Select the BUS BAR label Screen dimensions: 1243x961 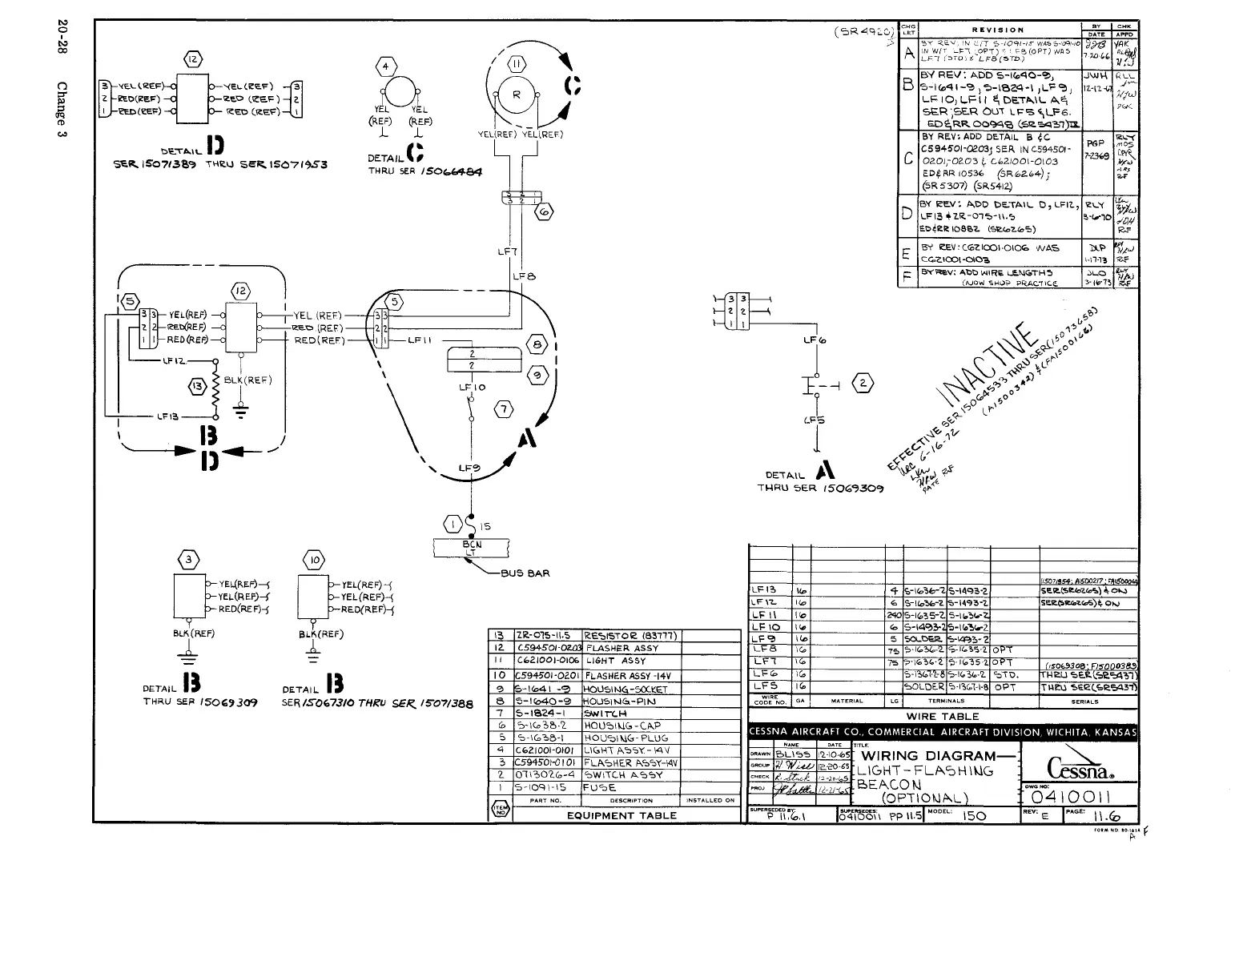(525, 573)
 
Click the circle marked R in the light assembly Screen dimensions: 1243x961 (517, 94)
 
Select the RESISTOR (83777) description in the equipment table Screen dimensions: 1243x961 (631, 636)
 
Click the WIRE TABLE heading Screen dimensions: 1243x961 (943, 717)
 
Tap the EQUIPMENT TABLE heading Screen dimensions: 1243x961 (621, 815)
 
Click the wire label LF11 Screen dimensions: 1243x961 (420, 340)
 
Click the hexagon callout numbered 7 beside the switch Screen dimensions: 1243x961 (503, 409)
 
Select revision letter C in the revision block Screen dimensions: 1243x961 (907, 159)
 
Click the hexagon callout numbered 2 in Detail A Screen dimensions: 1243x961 (862, 382)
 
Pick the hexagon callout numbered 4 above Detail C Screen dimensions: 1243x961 (387, 66)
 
